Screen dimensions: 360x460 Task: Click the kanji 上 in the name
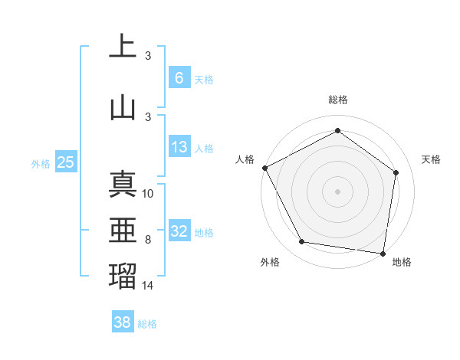click(x=123, y=46)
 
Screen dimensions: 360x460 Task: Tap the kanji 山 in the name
click(x=123, y=106)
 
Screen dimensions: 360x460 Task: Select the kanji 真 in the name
click(x=123, y=185)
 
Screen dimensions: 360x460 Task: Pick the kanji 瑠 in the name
click(x=123, y=274)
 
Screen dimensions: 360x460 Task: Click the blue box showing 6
click(x=179, y=77)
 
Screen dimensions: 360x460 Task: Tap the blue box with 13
click(x=179, y=147)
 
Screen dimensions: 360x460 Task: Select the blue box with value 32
click(x=179, y=231)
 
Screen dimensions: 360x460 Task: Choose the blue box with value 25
click(x=65, y=162)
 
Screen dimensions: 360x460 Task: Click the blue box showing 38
click(x=123, y=322)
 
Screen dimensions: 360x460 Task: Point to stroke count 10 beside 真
click(x=149, y=194)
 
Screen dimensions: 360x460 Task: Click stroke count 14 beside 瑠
click(x=149, y=285)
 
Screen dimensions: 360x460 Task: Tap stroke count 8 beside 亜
click(x=148, y=240)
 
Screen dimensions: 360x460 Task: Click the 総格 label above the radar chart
click(x=338, y=100)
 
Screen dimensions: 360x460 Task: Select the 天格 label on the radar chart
click(x=431, y=159)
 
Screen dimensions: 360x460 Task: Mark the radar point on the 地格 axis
click(x=383, y=253)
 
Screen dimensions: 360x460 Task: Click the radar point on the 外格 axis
click(x=302, y=242)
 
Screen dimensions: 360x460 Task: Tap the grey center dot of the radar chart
click(x=337, y=191)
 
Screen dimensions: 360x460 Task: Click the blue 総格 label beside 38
click(x=147, y=324)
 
